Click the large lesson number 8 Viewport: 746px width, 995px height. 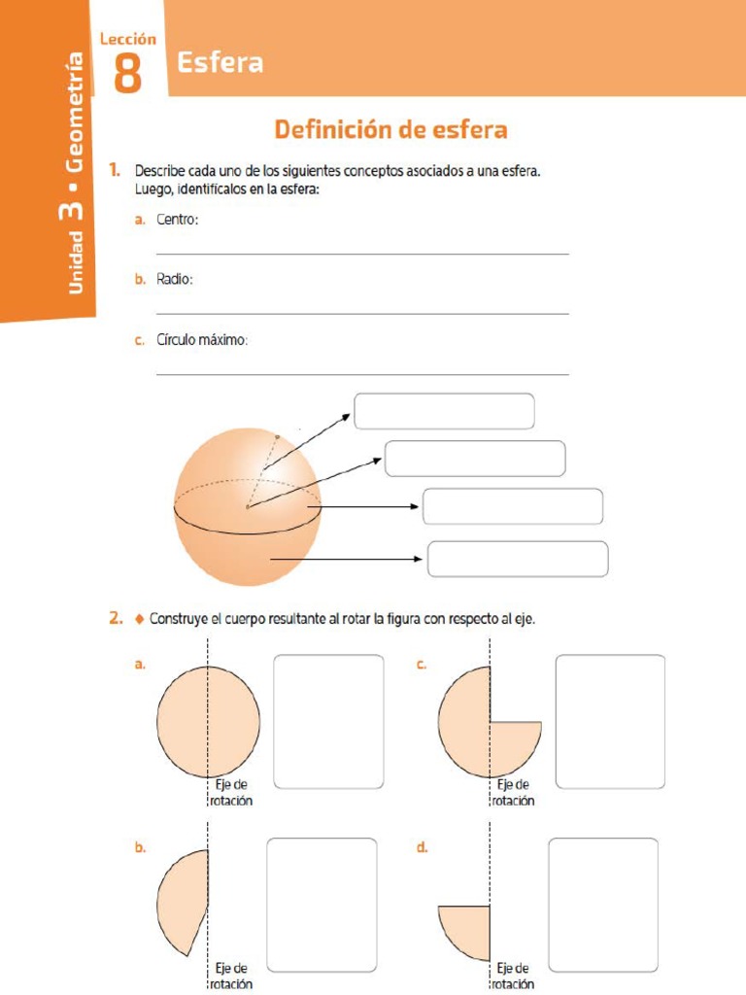pos(127,73)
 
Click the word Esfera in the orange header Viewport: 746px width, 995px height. pos(220,64)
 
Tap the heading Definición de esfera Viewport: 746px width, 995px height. pos(390,129)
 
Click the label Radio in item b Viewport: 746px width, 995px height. pos(175,280)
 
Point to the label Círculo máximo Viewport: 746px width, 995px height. pos(203,340)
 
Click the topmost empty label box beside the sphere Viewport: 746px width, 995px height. pos(444,411)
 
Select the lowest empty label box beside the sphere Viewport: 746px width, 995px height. pos(518,559)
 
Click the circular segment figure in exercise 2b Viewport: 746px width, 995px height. pos(185,902)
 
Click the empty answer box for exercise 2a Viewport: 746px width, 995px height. pos(328,721)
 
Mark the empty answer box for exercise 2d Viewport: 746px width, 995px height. pos(602,905)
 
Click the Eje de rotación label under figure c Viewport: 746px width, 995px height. pos(512,793)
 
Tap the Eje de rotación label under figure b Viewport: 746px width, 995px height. pos(231,976)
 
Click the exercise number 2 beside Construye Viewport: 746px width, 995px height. pos(116,618)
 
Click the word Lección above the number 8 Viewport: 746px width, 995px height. pos(127,39)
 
